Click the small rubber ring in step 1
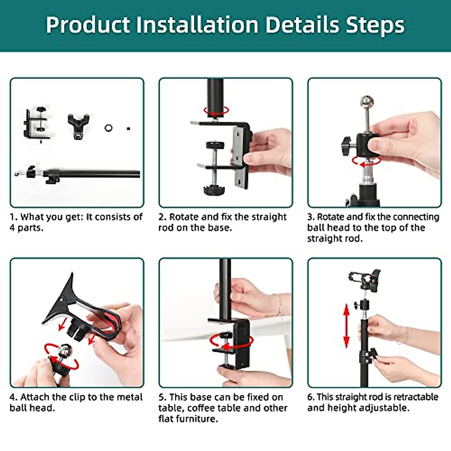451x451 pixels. click(109, 128)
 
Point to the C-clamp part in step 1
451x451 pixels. click(37, 124)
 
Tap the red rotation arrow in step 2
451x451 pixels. click(216, 111)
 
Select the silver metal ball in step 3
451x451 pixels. click(367, 102)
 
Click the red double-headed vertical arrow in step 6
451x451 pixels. click(347, 325)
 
